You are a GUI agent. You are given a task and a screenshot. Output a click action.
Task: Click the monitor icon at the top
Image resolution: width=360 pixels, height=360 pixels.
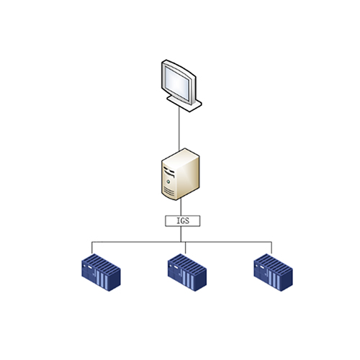[x=181, y=86]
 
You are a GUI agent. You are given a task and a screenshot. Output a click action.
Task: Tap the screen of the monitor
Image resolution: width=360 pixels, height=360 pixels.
[x=177, y=82]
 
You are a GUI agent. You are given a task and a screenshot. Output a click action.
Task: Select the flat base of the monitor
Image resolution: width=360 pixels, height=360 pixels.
[x=186, y=104]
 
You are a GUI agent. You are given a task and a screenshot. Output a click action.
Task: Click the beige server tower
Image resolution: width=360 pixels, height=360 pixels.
[x=181, y=174]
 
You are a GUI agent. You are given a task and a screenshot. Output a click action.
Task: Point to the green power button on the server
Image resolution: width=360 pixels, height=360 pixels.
[x=168, y=181]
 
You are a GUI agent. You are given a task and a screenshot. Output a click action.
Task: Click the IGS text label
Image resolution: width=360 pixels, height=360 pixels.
[x=183, y=221]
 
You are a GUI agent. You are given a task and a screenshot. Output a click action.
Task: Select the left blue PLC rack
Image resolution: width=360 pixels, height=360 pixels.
[x=101, y=272]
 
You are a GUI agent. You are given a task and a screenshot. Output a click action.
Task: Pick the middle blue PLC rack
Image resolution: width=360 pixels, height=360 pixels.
[x=187, y=272]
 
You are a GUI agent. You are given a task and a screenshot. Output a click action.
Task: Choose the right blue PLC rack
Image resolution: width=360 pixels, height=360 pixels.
[x=274, y=272]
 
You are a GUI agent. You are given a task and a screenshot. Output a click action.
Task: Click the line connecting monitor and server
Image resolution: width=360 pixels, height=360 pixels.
[x=179, y=129]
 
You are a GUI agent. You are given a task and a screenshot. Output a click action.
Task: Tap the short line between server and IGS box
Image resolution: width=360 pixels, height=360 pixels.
[x=181, y=207]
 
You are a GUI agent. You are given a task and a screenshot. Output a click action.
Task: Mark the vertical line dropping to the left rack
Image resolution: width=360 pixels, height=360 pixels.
[x=92, y=248]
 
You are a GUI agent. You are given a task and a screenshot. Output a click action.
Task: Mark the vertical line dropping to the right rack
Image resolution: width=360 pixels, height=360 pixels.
[x=271, y=248]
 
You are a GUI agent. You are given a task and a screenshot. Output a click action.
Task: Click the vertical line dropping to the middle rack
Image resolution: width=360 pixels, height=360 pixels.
[x=185, y=248]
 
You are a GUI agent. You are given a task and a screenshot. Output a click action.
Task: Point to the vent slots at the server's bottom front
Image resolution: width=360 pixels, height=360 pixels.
[x=168, y=191]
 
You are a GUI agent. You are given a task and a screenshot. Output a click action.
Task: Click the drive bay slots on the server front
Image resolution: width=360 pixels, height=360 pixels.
[x=169, y=171]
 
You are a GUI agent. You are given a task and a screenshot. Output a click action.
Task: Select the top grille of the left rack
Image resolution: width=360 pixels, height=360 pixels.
[x=102, y=264]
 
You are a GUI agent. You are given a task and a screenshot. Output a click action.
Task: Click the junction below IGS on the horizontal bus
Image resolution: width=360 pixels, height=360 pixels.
[x=181, y=242]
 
